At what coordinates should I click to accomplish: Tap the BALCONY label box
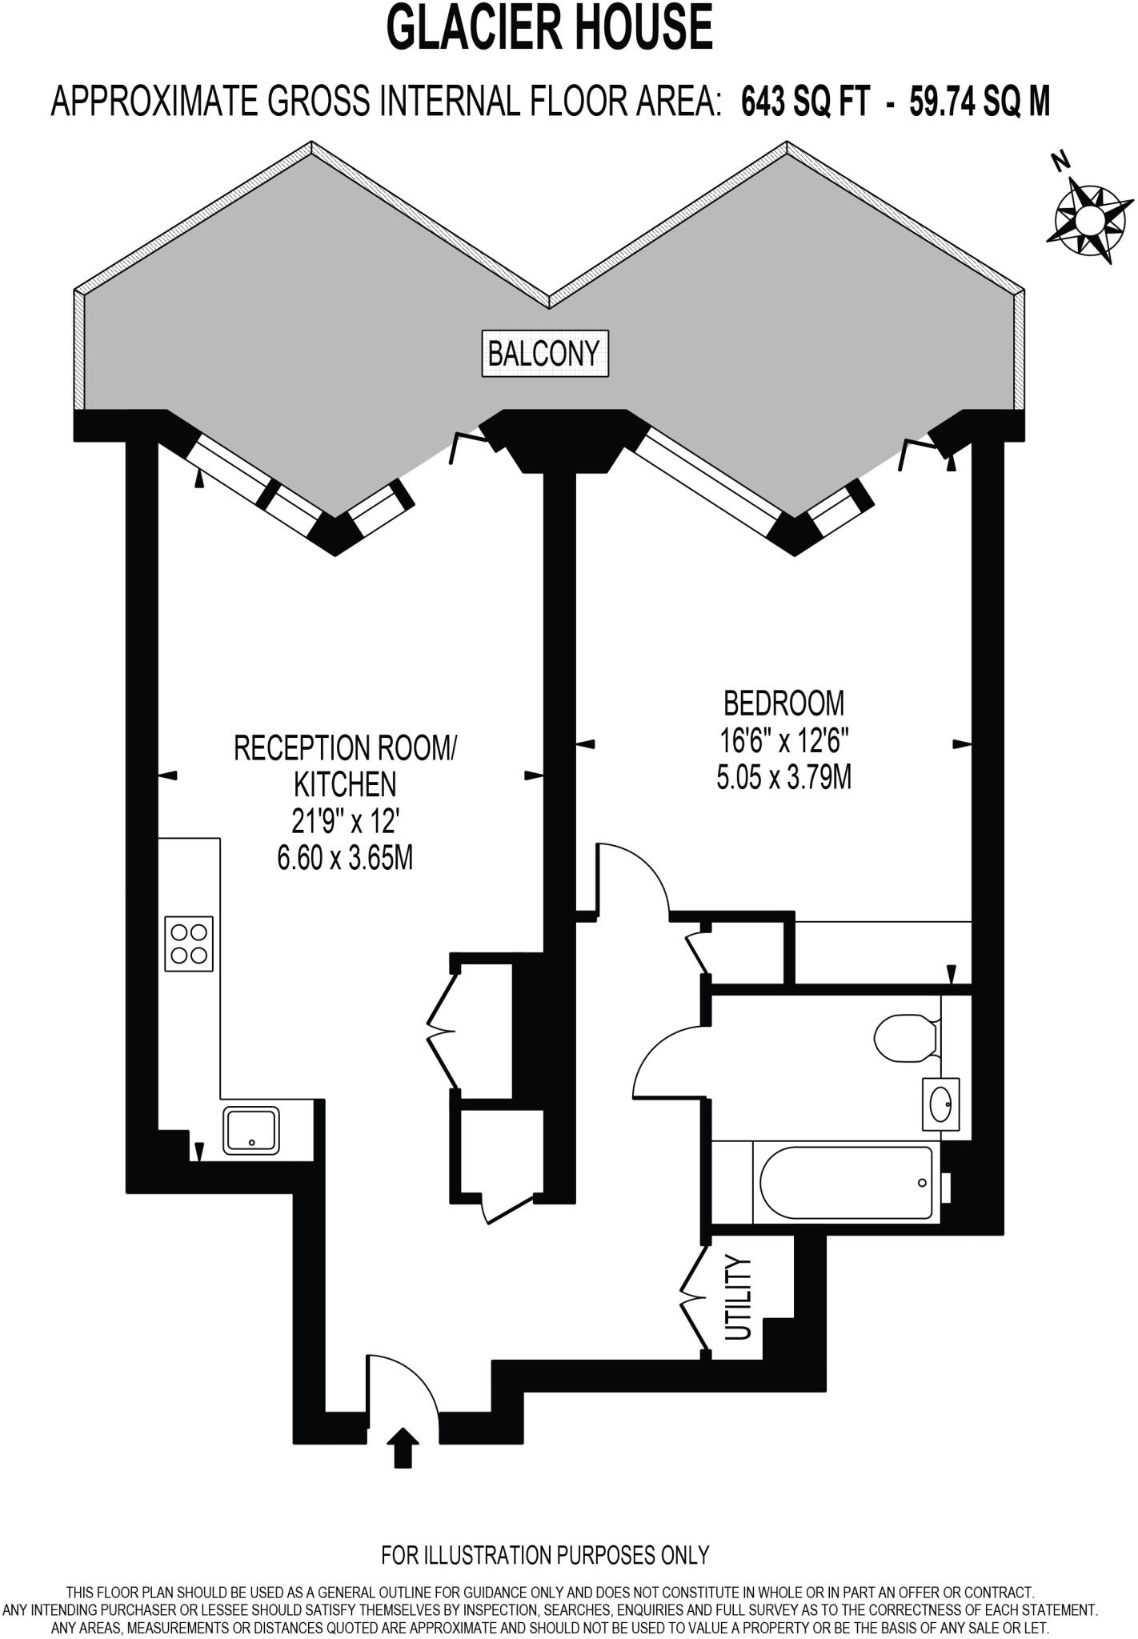pos(544,353)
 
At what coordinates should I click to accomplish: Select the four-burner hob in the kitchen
pos(190,944)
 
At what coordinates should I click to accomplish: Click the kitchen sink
pos(251,1129)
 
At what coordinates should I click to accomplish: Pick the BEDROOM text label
pos(783,703)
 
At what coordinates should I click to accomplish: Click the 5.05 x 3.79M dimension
pos(783,778)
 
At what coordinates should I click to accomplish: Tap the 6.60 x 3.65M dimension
pos(345,859)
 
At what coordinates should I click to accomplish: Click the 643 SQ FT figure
pos(805,102)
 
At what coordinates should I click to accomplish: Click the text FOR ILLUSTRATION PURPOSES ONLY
pos(545,1555)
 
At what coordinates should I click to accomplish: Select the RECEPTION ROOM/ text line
pos(345,748)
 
